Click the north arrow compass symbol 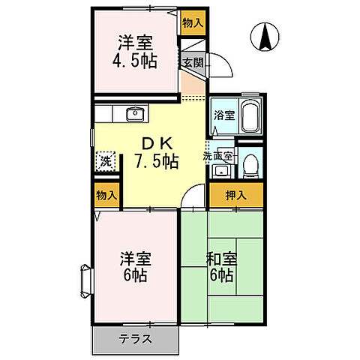265,37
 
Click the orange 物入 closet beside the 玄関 193,22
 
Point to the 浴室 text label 223,115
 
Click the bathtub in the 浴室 250,118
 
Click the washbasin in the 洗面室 219,171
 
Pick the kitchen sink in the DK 135,115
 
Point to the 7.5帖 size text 156,161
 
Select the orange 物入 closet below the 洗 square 106,196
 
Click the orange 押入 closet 236,196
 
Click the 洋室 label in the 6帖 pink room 135,259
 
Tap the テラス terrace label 136,338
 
